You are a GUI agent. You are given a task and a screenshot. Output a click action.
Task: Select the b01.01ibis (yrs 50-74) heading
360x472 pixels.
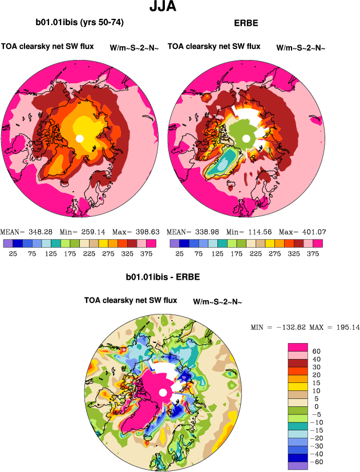[79, 23]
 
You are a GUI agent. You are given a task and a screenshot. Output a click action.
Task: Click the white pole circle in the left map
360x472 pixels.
[79, 139]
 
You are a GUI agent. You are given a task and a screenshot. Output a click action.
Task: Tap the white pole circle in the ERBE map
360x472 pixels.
[245, 139]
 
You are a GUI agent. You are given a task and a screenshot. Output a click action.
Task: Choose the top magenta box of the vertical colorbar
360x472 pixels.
[297, 346]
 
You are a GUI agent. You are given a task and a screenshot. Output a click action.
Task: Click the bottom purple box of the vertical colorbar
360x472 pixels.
[297, 466]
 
